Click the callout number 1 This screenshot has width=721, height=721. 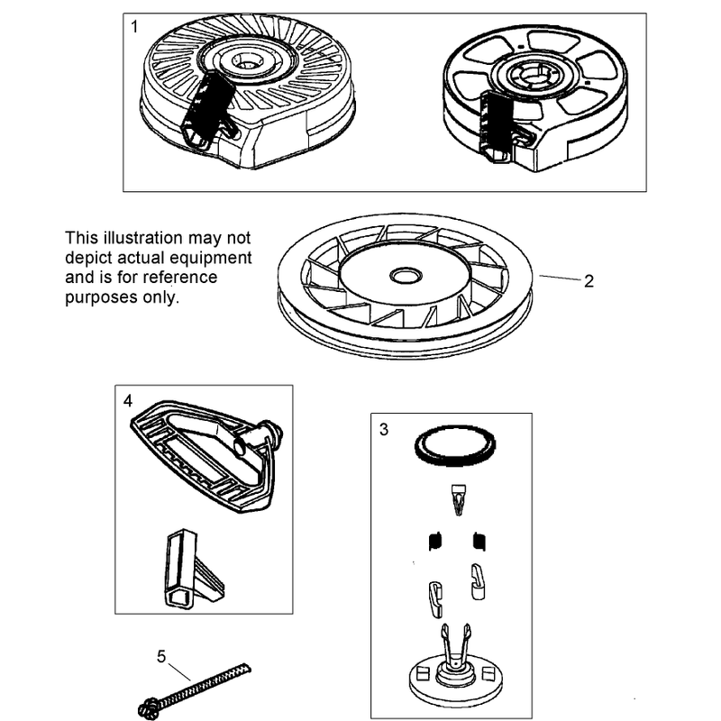(x=134, y=27)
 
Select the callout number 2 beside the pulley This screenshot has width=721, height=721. (x=589, y=281)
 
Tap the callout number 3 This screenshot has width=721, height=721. (x=384, y=430)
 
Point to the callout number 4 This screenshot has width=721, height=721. (x=127, y=401)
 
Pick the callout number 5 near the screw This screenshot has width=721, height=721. (x=161, y=656)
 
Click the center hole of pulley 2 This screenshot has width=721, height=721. (x=406, y=276)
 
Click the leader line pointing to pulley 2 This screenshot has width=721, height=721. (x=560, y=278)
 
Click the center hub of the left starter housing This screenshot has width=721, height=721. (x=242, y=60)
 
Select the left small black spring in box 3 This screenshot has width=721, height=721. (x=435, y=541)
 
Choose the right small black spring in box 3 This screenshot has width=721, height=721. (x=479, y=541)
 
